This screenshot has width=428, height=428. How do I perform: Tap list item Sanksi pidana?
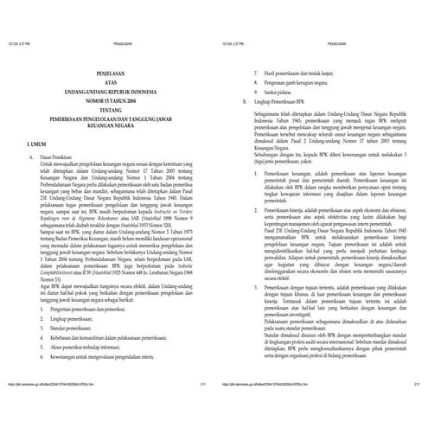[x=267, y=93]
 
